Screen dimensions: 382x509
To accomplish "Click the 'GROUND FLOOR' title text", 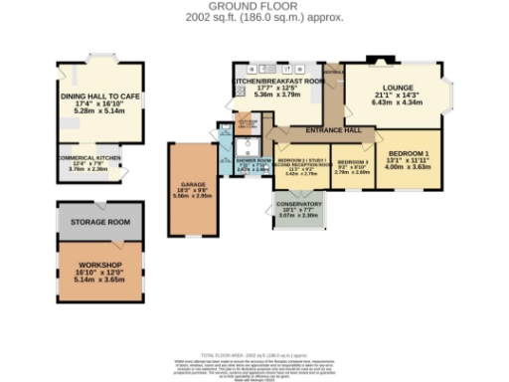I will click(x=254, y=6).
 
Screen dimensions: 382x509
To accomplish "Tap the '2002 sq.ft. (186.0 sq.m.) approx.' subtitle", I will click(x=254, y=16).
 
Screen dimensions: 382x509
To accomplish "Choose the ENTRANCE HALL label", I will click(x=334, y=130).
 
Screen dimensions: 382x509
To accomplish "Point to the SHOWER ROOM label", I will click(x=253, y=160).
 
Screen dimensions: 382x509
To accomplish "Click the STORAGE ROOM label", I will click(x=105, y=222).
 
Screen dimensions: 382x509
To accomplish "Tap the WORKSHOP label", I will click(x=105, y=265).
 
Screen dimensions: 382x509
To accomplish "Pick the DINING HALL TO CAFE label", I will click(x=102, y=95).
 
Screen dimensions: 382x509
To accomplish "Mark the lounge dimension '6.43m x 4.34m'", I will click(x=396, y=102).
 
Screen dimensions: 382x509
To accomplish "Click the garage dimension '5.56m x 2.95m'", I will click(x=194, y=196).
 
